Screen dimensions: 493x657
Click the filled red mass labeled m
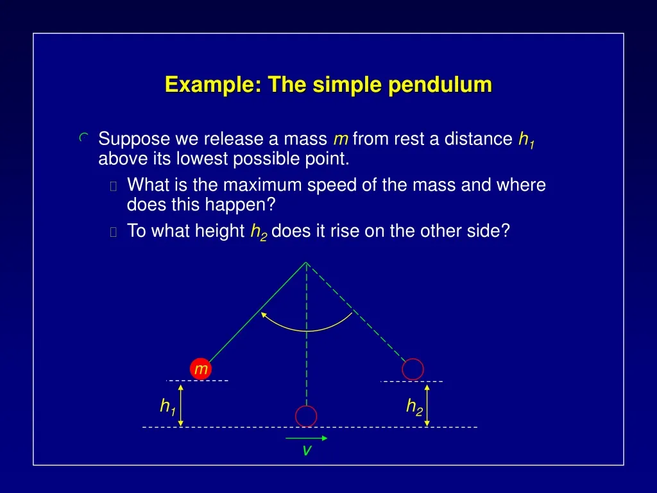pyautogui.click(x=201, y=368)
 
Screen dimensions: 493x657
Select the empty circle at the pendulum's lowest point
pyautogui.click(x=307, y=416)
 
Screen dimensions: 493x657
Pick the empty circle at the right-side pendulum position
pyautogui.click(x=413, y=369)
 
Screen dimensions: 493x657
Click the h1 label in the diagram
pyautogui.click(x=167, y=406)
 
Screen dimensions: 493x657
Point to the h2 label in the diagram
pyautogui.click(x=414, y=406)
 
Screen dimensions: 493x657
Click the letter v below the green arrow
pyautogui.click(x=307, y=451)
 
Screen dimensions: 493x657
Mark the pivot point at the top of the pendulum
pyautogui.click(x=307, y=262)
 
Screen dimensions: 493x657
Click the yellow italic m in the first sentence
pyautogui.click(x=340, y=139)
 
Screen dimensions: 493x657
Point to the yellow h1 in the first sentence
pyautogui.click(x=526, y=139)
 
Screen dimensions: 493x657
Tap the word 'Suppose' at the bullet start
pyautogui.click(x=134, y=139)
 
